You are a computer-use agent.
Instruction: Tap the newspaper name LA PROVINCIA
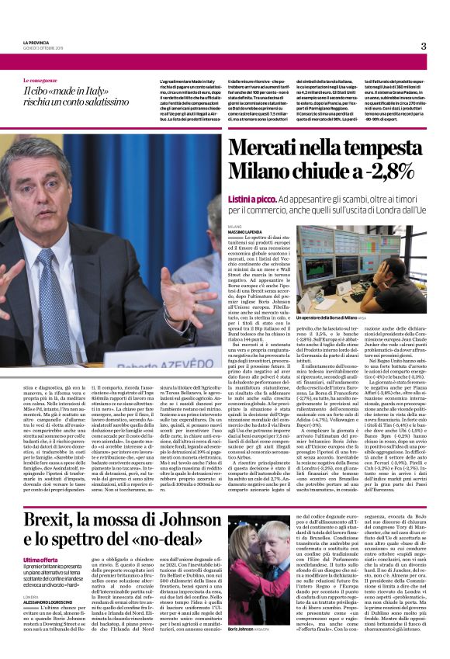click(x=40, y=42)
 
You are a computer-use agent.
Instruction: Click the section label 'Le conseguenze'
click(x=40, y=80)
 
